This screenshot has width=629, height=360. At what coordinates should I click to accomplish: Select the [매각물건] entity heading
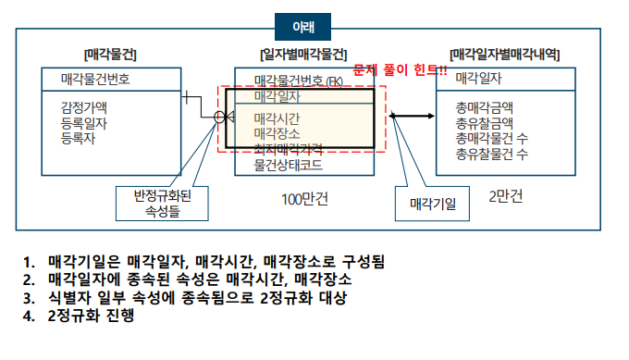pyautogui.click(x=110, y=56)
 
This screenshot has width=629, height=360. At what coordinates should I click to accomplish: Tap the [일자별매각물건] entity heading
pyautogui.click(x=305, y=56)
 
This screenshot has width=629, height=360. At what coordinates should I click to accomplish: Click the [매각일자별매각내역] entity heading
pyautogui.click(x=504, y=56)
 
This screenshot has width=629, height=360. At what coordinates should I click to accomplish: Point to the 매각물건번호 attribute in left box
pyautogui.click(x=95, y=79)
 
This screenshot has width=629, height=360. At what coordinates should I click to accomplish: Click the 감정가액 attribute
pyautogui.click(x=84, y=106)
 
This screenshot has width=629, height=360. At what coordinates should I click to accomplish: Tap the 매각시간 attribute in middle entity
pyautogui.click(x=277, y=118)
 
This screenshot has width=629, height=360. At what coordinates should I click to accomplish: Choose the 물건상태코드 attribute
pyautogui.click(x=288, y=164)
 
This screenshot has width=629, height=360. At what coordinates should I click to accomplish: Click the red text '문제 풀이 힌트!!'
pyautogui.click(x=401, y=70)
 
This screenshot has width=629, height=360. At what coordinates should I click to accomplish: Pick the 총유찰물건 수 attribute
pyautogui.click(x=492, y=154)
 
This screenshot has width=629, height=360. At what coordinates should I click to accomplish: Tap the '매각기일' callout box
pyautogui.click(x=426, y=205)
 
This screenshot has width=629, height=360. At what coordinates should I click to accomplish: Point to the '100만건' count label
pyautogui.click(x=305, y=198)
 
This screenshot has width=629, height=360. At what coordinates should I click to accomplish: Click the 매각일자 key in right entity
pyautogui.click(x=479, y=79)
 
